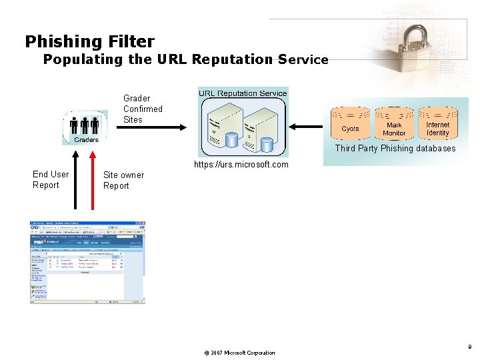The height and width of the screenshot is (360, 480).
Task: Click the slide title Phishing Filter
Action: click(89, 41)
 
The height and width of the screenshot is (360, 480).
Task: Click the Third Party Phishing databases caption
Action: click(395, 149)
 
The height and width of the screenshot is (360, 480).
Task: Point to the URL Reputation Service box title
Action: click(243, 93)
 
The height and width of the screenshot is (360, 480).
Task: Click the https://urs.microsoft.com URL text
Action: click(241, 165)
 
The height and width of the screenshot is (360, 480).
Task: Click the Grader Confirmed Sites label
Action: click(142, 109)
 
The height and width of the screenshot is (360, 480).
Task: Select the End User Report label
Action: click(51, 179)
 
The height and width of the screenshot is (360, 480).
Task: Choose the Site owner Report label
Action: click(123, 180)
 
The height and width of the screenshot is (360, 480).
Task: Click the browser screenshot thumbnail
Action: click(87, 262)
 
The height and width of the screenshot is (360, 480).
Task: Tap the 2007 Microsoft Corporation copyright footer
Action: click(238, 353)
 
